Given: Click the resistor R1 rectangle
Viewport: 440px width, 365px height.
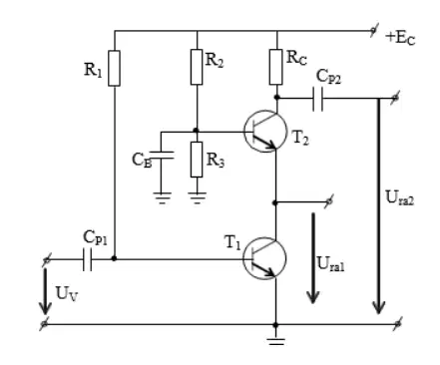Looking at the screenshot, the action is click(x=114, y=69).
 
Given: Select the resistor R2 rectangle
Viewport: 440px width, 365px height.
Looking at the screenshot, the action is click(x=197, y=67).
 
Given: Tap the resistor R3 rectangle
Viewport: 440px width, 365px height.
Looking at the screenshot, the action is click(x=197, y=160).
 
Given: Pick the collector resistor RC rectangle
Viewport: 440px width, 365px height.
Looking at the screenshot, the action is click(x=276, y=67).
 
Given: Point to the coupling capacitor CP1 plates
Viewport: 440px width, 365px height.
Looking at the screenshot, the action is click(x=87, y=259).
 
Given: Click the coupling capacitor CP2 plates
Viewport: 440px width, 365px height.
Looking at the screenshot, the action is click(x=317, y=99).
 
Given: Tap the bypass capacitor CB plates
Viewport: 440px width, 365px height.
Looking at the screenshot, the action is click(x=162, y=155).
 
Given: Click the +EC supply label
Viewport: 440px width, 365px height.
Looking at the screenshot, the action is click(x=400, y=38).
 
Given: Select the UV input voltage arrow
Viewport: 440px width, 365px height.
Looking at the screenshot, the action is click(x=45, y=291).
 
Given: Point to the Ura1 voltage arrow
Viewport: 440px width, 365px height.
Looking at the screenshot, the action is click(x=313, y=258).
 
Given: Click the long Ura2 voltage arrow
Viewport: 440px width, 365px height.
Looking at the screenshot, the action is click(x=378, y=206).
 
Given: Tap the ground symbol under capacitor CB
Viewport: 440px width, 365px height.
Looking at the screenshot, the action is click(x=162, y=197).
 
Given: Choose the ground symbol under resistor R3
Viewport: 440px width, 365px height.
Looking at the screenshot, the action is click(x=197, y=197).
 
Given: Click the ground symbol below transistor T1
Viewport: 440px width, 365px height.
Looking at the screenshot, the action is click(x=275, y=342).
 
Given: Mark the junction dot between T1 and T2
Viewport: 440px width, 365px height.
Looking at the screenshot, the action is click(x=274, y=202).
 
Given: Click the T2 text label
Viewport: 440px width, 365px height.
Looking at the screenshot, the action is click(x=300, y=138).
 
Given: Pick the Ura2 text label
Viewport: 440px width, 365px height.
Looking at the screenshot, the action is click(x=400, y=197).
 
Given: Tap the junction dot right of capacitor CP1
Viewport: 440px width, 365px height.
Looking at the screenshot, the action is click(x=114, y=258).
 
